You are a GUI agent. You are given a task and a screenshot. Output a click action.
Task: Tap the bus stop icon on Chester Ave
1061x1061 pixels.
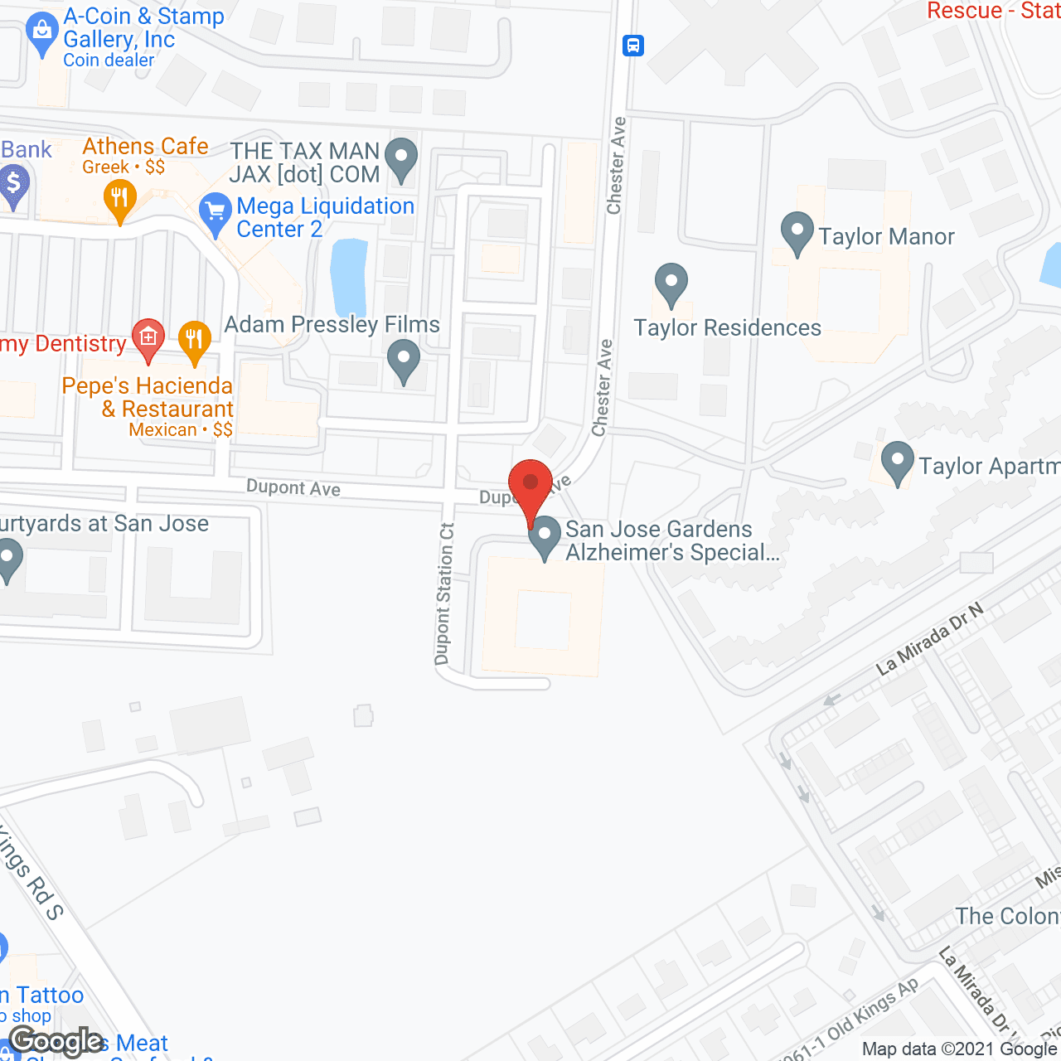click(633, 45)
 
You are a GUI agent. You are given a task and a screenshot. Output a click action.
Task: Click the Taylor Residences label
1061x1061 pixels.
click(727, 328)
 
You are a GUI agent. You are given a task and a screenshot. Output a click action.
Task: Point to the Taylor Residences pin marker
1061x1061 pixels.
click(671, 283)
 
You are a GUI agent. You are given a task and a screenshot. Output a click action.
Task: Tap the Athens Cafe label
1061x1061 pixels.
click(145, 147)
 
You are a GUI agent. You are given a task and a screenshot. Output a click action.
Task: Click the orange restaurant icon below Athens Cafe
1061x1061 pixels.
click(120, 199)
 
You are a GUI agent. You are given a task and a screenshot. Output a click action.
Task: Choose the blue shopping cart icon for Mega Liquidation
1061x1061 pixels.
click(216, 214)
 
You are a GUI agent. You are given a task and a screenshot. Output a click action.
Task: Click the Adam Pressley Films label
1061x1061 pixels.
click(332, 325)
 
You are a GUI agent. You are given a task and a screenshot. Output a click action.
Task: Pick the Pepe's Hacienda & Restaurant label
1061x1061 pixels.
click(148, 398)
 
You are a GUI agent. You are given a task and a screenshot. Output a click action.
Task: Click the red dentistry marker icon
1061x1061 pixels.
click(148, 338)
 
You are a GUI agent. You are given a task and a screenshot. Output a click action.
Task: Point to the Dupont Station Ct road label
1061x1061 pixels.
click(444, 593)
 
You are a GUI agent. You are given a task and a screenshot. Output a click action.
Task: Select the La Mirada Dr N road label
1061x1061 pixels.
click(929, 637)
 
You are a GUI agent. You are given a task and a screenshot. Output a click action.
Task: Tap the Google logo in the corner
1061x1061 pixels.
click(56, 1041)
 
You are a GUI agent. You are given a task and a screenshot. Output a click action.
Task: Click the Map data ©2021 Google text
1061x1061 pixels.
click(960, 1049)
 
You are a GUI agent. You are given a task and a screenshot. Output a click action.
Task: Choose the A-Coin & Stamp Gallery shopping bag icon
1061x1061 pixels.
click(41, 35)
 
